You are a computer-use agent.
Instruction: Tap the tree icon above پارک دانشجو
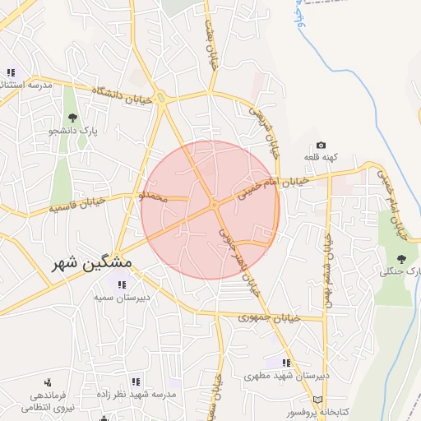[72, 117]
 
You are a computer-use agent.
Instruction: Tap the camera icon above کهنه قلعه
[321, 146]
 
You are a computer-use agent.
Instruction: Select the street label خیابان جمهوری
[266, 317]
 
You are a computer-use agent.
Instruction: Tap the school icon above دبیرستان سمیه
[122, 285]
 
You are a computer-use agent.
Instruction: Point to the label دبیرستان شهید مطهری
[287, 376]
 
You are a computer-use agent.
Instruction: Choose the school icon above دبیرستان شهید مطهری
[286, 362]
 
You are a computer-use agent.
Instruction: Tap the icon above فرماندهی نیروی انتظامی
[48, 382]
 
